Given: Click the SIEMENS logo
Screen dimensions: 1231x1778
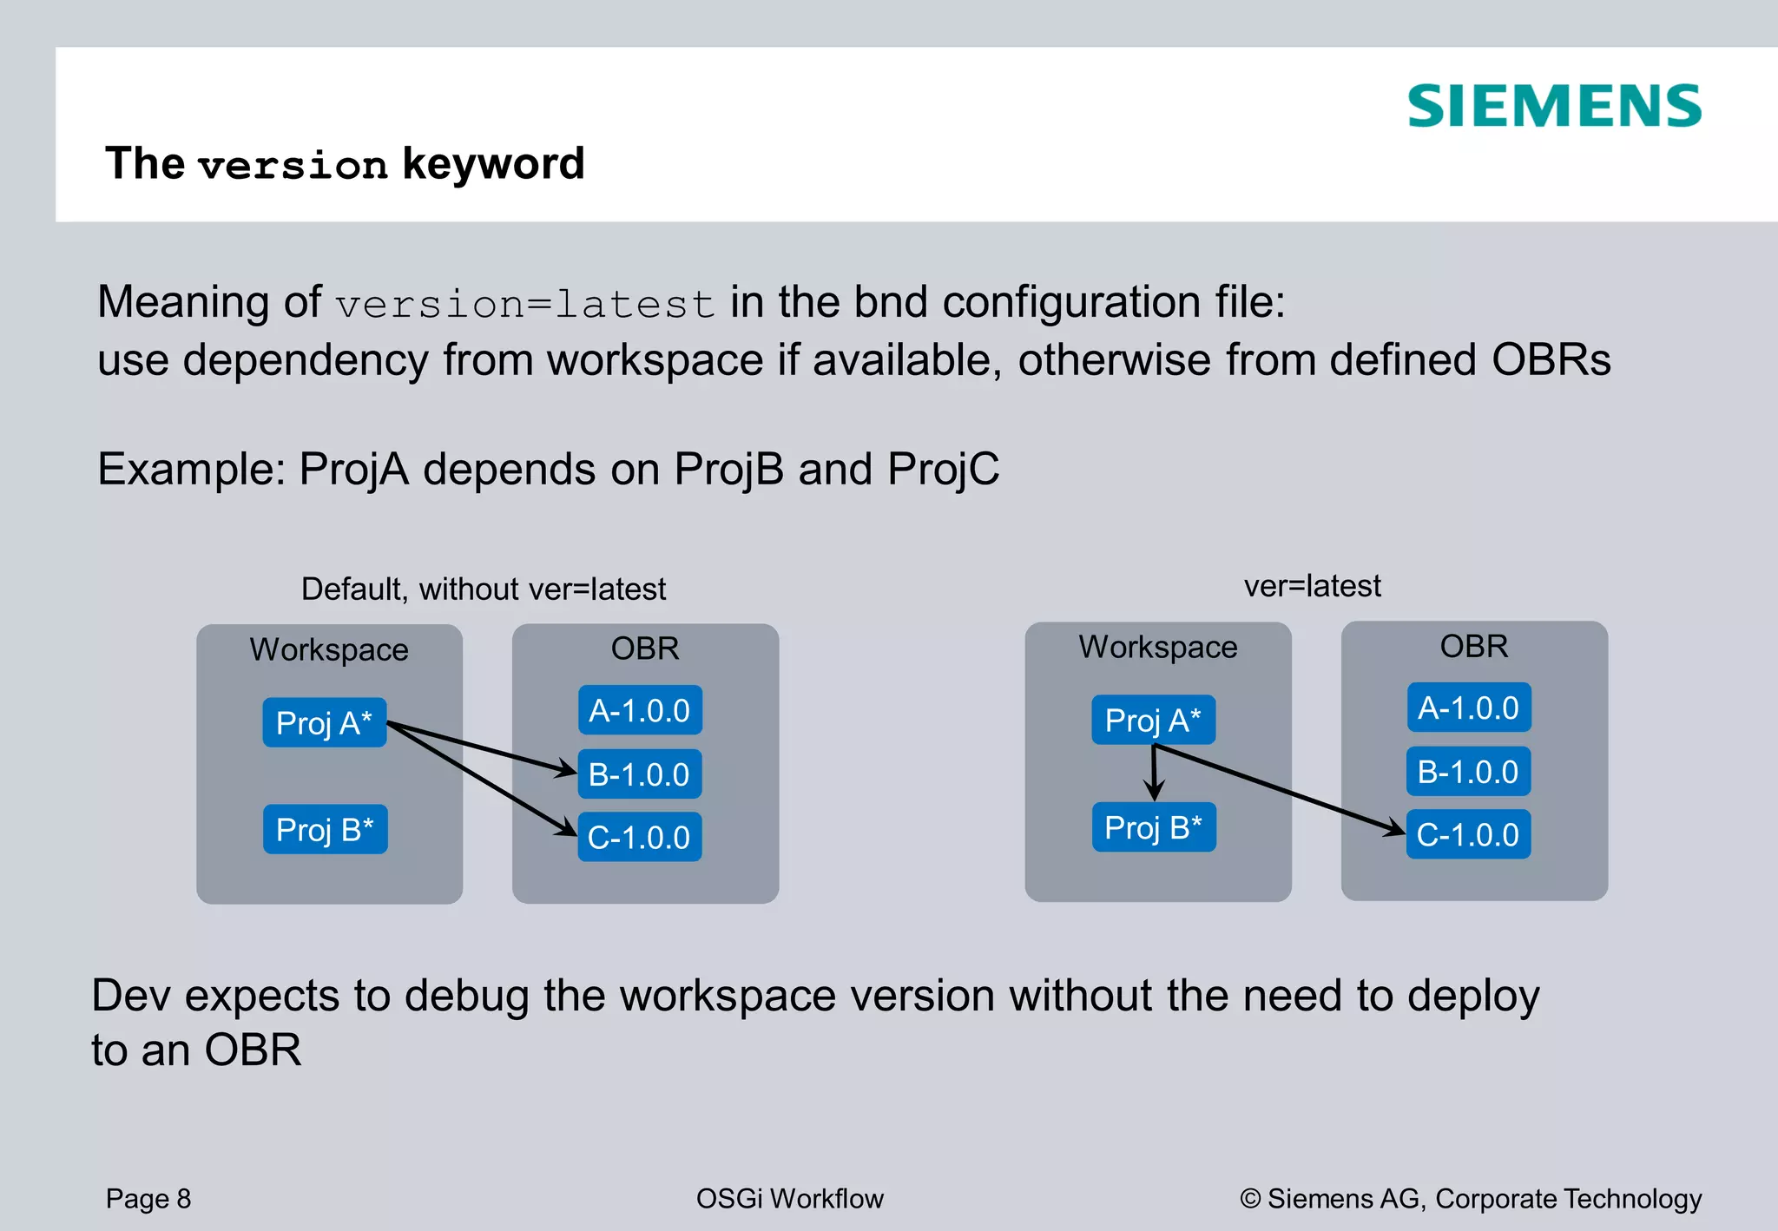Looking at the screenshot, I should [1554, 106].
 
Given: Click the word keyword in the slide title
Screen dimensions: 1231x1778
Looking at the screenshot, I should [493, 164].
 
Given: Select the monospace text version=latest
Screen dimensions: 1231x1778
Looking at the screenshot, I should [525, 304].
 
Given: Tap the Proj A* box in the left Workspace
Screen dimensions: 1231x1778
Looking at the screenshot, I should [324, 722].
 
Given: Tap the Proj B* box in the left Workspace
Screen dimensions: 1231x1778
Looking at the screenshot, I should [325, 829].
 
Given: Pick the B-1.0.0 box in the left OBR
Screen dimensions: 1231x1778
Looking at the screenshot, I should [639, 773].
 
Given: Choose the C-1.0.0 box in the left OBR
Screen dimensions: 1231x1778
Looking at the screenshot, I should [639, 837].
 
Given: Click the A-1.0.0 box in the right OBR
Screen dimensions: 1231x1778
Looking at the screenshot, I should [1468, 708].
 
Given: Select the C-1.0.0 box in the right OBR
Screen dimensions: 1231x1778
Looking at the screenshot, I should [1468, 834].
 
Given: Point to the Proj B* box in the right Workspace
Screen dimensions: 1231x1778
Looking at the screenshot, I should [1153, 827].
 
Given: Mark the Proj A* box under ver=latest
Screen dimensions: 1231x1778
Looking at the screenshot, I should [1153, 720].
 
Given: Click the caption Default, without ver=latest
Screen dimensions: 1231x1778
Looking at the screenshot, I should [483, 589].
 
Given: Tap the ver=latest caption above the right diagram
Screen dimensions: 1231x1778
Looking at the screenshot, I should [1312, 586].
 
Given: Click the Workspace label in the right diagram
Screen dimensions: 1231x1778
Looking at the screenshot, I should [1157, 647].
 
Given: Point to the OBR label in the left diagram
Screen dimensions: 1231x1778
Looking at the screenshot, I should [644, 648].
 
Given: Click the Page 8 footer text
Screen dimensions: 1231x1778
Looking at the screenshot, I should [148, 1198].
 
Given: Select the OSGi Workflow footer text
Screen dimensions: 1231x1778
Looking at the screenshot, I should [789, 1198].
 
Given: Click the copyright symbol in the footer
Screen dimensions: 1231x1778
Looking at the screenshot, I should [1250, 1199].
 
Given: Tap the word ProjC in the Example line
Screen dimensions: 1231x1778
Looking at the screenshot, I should [943, 469].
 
